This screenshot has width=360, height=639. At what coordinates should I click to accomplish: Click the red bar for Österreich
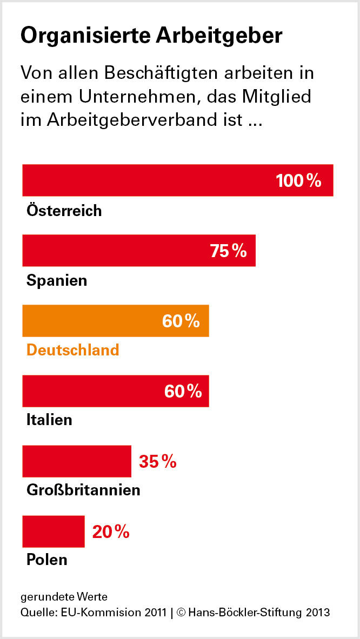coord(146,180)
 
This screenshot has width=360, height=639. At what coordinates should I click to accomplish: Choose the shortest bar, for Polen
coord(54,532)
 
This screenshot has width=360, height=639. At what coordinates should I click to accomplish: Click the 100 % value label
coord(298,180)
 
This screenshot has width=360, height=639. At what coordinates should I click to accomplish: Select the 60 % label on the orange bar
coord(181,321)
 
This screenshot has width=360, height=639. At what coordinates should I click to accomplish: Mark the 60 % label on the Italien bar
coord(183,391)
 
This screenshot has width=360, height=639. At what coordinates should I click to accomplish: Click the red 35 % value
coord(158,461)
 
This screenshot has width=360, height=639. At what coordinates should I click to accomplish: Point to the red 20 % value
coord(111,532)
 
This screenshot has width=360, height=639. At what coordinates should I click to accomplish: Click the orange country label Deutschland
coord(72,349)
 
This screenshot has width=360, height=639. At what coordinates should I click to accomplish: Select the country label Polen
coord(47,559)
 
